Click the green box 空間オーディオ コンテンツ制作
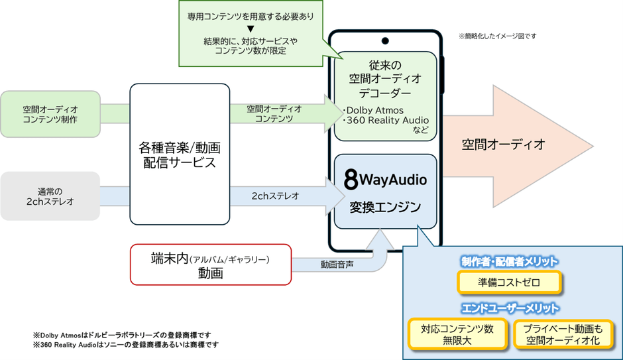(50, 113)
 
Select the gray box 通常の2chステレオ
(50, 196)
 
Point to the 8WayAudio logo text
(386, 180)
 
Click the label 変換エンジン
(386, 207)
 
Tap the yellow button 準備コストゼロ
(509, 282)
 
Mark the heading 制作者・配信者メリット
(509, 261)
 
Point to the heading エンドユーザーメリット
(509, 308)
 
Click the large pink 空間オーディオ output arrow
(517, 145)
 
